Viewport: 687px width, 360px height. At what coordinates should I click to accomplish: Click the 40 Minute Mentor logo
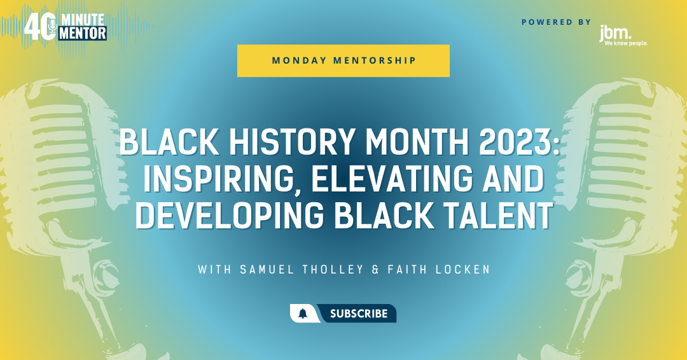[66, 27]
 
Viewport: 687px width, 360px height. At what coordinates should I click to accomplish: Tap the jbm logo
[623, 36]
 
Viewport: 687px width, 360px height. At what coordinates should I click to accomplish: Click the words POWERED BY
[556, 22]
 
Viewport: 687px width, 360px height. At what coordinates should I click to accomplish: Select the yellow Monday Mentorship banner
[343, 60]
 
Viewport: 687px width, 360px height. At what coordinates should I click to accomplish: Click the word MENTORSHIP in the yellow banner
[375, 60]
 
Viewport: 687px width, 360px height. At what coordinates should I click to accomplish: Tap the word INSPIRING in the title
[216, 179]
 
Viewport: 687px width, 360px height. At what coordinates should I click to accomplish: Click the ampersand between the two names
[375, 269]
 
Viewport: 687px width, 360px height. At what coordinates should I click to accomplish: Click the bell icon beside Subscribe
[303, 314]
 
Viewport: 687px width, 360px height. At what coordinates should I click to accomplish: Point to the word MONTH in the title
[417, 142]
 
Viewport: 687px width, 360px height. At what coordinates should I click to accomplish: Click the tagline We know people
[626, 43]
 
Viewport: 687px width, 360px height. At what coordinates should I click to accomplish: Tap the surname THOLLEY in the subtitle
[333, 269]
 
